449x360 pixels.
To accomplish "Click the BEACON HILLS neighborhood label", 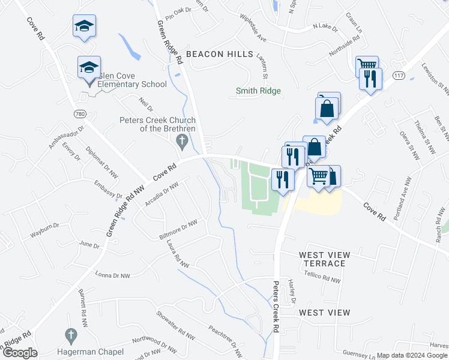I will click(x=219, y=54).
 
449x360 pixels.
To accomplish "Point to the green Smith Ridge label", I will click(x=258, y=91).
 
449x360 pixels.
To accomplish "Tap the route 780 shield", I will click(x=80, y=113).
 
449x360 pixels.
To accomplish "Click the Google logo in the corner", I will click(x=20, y=353).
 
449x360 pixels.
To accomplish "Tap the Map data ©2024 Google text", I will click(x=411, y=355).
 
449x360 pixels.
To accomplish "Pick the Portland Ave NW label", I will click(x=400, y=199).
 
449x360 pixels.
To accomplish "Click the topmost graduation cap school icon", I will click(x=85, y=26).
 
